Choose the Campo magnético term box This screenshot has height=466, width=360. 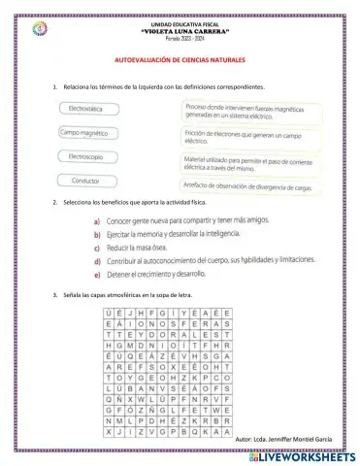pos(88,132)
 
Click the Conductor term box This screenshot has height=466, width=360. pos(88,180)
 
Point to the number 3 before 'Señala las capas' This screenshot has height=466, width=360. pos(54,293)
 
